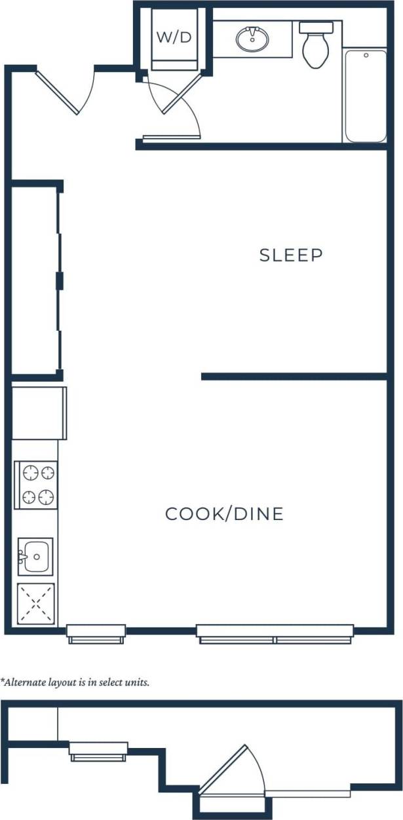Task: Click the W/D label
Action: coord(174,37)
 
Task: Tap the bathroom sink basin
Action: coord(252,40)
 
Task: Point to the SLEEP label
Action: coord(291,255)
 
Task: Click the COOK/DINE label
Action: coord(224,514)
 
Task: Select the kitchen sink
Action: coord(36,557)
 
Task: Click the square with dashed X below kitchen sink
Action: coord(35,603)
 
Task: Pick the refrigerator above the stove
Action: coord(39,413)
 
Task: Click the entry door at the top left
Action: coord(62,92)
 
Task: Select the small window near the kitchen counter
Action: coord(96,633)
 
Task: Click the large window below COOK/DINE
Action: coord(275,633)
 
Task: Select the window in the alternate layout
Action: coord(98,751)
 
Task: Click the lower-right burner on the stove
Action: coord(45,498)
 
